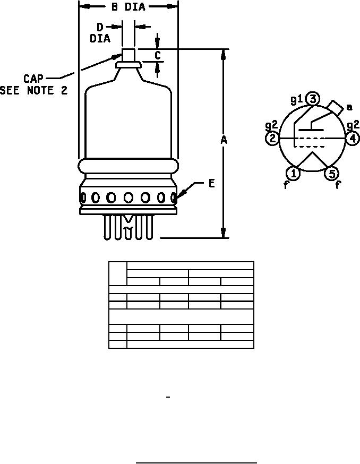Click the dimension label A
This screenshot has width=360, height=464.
point(224,140)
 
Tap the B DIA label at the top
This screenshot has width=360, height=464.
point(128,6)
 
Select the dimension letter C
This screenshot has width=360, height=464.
point(158,55)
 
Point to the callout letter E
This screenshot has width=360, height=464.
point(211,184)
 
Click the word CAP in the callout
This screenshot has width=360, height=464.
point(33,79)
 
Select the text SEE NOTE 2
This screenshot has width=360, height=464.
point(34,90)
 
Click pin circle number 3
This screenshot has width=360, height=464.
point(313,99)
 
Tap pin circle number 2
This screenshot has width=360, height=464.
point(273,138)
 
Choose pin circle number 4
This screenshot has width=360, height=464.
point(353,138)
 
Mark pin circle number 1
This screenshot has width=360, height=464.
point(293,174)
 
